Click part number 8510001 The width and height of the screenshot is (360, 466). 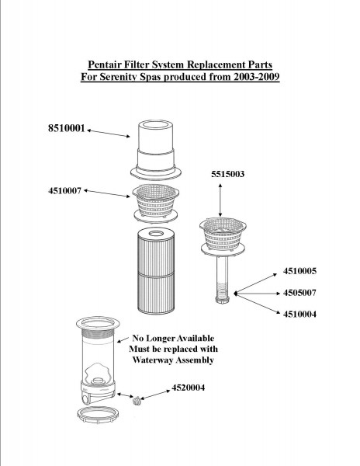point(67,128)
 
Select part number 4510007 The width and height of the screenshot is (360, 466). point(64,190)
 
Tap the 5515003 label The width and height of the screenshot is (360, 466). point(227,174)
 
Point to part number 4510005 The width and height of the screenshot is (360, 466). point(299,271)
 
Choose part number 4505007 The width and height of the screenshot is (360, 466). point(299,293)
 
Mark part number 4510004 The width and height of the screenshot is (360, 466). point(299,314)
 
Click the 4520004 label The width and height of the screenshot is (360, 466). point(189,388)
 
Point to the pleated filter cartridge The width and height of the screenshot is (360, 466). point(156,270)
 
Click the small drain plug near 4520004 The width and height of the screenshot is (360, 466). point(137,401)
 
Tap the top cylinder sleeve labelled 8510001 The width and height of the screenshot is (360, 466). point(155,149)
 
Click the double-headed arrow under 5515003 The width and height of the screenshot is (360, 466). point(220,200)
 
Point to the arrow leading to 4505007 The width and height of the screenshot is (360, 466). point(257,294)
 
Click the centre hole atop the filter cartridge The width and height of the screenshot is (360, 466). point(156,233)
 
